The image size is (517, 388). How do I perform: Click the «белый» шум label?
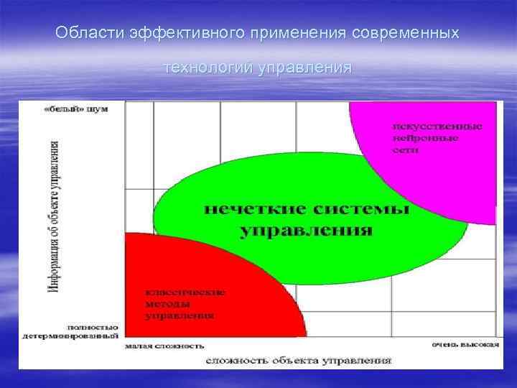point(75,109)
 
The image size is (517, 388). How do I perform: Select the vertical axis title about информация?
point(54,216)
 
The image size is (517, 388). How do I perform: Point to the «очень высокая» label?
point(465,344)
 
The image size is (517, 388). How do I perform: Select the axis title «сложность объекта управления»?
point(299,359)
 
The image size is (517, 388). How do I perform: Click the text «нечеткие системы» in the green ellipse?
point(307,210)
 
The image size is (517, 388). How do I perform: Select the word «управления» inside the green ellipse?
point(307,231)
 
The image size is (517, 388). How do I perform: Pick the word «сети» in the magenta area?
point(406,151)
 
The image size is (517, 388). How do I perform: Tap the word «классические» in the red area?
point(185,292)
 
